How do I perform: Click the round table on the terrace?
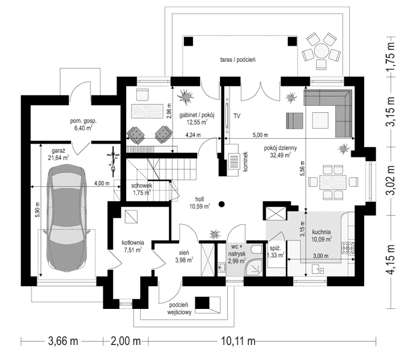(319, 49)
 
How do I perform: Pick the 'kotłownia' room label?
(131, 243)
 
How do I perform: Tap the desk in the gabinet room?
(146, 112)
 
